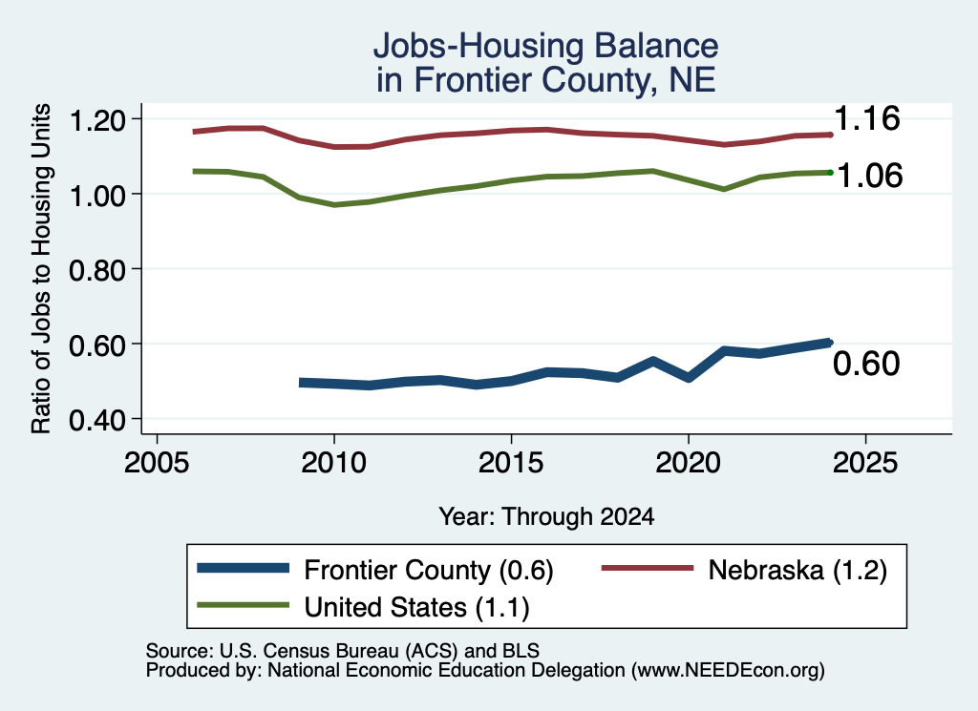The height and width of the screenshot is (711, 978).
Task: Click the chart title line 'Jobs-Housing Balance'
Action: coord(545,46)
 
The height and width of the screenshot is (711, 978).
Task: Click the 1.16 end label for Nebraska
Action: coord(866,117)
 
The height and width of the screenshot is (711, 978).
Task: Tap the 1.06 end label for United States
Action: coord(869,176)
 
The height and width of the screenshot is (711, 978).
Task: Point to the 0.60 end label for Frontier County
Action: coord(866,364)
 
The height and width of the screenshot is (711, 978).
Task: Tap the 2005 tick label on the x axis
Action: coord(158,462)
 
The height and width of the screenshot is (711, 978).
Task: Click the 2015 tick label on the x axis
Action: coord(511,462)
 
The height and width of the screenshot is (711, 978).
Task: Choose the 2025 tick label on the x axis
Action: coord(865,462)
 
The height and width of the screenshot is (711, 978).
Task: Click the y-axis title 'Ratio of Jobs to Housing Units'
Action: coord(41,268)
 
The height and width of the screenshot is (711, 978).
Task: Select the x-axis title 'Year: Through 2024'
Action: coord(546,516)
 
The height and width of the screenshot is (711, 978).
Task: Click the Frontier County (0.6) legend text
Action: coord(429,570)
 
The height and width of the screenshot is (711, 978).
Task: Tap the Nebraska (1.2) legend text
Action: coord(797,570)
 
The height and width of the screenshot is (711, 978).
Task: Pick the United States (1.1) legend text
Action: coord(416,608)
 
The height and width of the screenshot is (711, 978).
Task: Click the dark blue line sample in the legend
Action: coord(244,568)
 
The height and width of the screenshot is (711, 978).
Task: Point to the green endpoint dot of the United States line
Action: coord(830,172)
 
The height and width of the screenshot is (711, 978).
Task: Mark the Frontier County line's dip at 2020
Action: coord(688,378)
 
